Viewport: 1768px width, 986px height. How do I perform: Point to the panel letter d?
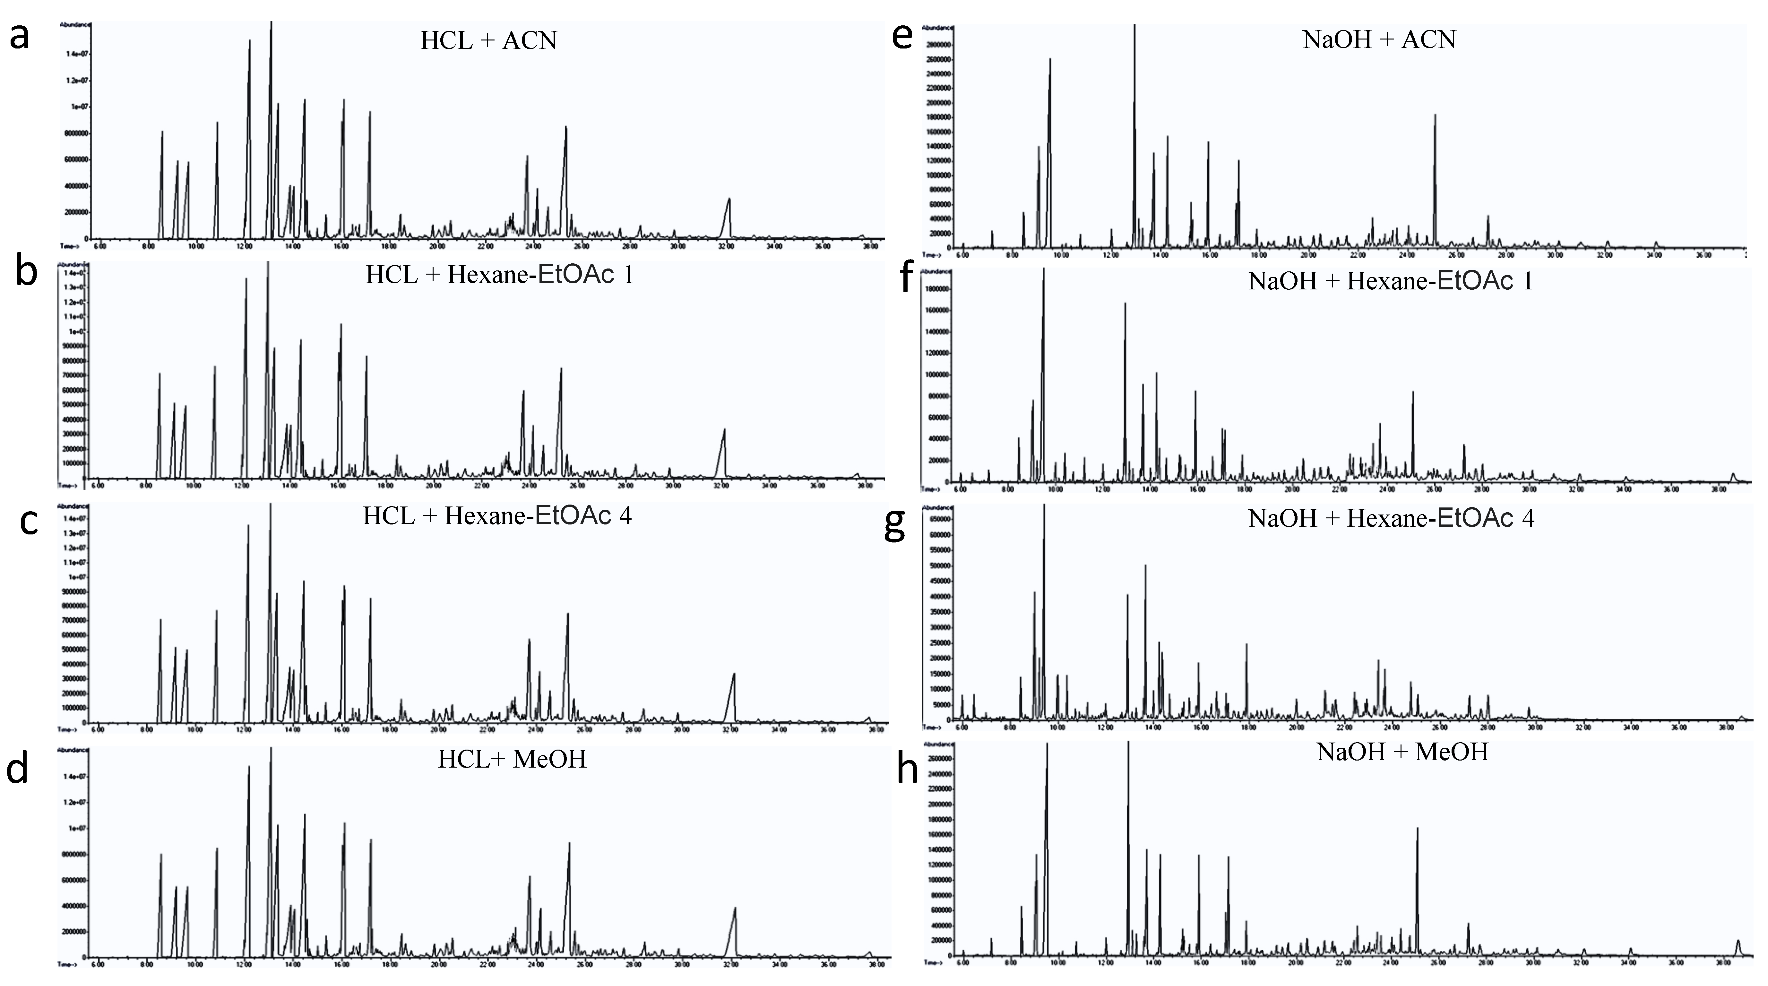(x=18, y=769)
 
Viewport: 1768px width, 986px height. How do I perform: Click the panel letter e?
(x=902, y=36)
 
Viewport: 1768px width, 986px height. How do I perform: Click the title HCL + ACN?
(x=489, y=40)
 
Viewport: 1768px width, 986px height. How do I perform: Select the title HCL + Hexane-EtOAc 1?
(x=500, y=275)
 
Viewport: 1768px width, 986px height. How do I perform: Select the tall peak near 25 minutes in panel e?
(x=1435, y=117)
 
